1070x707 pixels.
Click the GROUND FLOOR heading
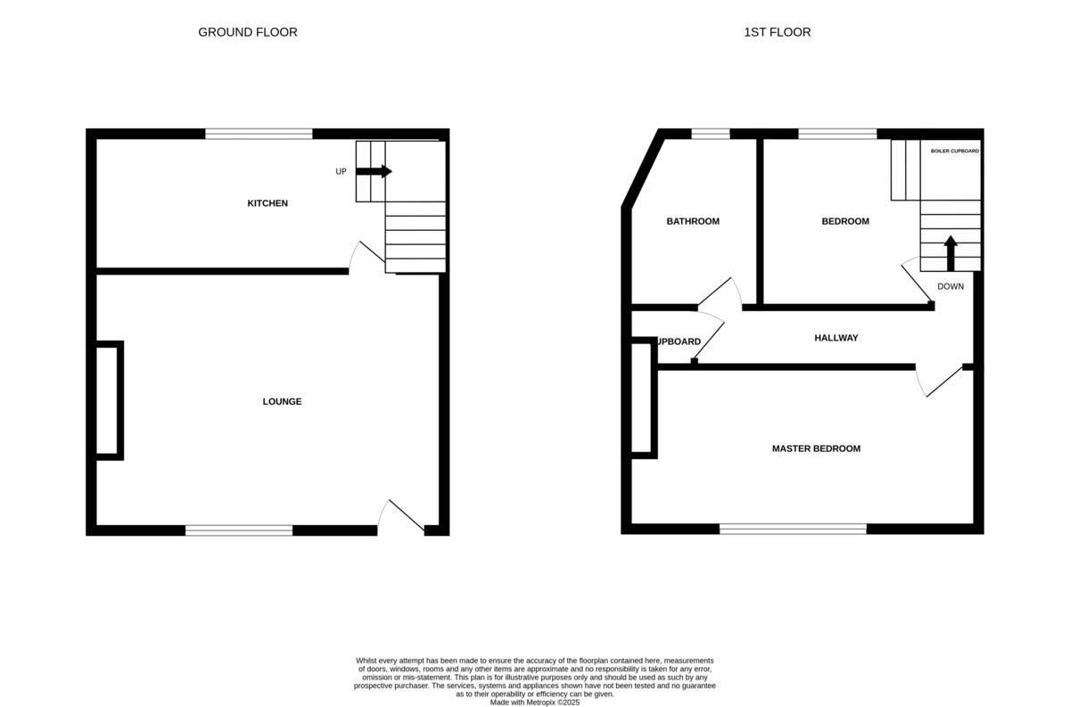tap(248, 32)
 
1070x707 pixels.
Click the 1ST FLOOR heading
tap(778, 32)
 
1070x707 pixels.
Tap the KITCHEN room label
tap(267, 203)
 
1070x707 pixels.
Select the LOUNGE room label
tap(282, 401)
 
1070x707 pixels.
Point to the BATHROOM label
tap(693, 221)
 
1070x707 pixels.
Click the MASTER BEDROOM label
tap(816, 448)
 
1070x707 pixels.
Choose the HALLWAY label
tap(835, 338)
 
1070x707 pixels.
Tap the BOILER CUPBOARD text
tap(955, 152)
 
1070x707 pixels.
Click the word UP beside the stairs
tap(341, 172)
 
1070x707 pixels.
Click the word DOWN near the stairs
tap(951, 287)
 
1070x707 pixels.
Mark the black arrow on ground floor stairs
tap(374, 171)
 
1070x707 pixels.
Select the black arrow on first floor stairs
tap(951, 251)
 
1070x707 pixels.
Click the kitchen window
tap(259, 135)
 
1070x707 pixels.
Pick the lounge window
tap(239, 530)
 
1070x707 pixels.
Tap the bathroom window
tap(711, 135)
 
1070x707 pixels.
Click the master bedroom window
tap(793, 529)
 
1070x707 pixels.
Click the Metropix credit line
tap(535, 703)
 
